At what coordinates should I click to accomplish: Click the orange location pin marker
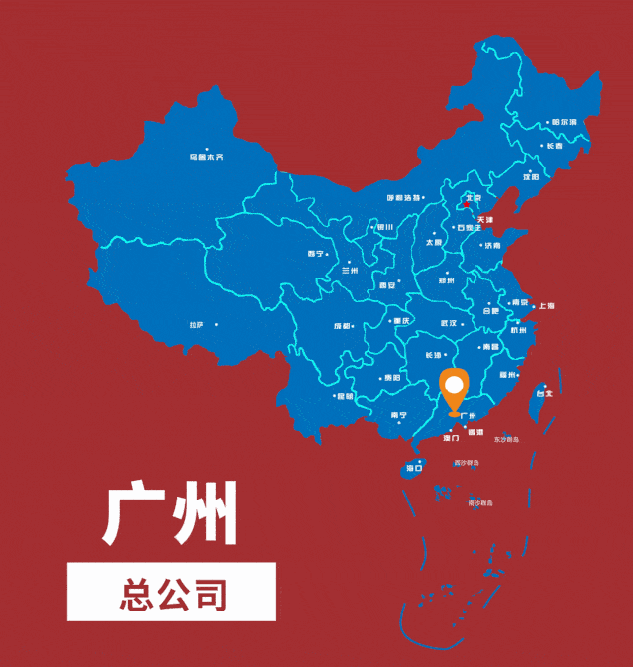455,389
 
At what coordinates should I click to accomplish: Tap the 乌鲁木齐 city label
206,157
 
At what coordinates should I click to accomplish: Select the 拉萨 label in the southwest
196,325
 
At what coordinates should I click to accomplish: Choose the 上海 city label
547,306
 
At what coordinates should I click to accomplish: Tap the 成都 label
343,325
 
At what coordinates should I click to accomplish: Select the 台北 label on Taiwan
544,393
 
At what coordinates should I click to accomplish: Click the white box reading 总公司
171,593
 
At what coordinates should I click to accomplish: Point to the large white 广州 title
170,514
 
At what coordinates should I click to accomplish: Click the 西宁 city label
316,253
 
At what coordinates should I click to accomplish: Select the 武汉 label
448,323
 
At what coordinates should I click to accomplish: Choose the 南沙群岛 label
480,502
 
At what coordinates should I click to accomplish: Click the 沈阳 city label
531,176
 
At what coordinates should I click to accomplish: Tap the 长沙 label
433,354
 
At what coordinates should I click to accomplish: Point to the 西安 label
387,285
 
